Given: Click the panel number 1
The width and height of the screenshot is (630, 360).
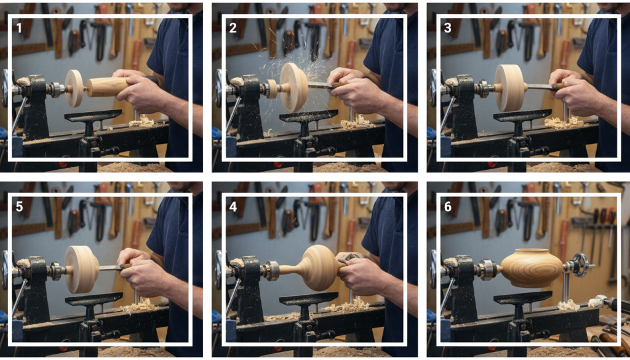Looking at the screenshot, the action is pos(19,28).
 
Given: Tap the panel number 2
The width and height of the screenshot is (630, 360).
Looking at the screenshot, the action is pos(233,28).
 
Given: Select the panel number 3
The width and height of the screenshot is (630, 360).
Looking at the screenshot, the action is pos(448,28).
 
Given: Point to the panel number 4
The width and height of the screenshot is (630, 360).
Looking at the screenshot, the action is pos(233,207).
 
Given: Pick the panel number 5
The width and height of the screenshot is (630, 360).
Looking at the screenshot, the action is pos(19,207).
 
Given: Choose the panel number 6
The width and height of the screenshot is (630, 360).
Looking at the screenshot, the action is pos(448,207).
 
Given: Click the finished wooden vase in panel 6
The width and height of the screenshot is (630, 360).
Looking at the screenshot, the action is pos(531,268).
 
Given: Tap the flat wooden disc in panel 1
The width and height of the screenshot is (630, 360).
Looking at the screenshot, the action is pos(74,89).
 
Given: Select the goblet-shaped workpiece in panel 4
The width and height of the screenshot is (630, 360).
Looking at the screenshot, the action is pos(314,268).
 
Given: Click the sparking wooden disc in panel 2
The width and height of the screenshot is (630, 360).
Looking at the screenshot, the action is pos(293,87).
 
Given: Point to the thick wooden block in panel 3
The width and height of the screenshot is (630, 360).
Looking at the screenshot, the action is pos(511,88).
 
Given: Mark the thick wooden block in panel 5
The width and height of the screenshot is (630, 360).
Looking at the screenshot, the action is pos(82,269).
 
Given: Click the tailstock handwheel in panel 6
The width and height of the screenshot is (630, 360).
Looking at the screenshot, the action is pos(579,265).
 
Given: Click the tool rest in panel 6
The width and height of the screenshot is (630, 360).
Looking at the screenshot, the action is pos(523,309).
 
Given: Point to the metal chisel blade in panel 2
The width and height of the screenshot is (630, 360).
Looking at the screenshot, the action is pos(320,85).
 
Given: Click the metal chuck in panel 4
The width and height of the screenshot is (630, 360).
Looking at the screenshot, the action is pos(271,270).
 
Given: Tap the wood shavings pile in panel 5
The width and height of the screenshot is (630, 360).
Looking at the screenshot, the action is pos(137,306).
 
